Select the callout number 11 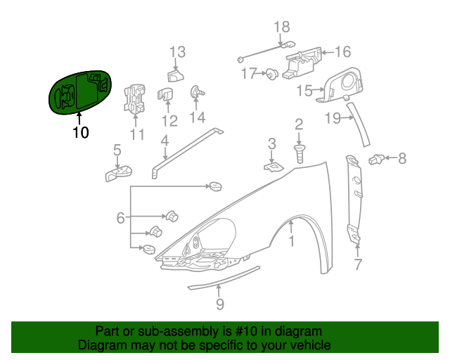pyautogui.click(x=136, y=134)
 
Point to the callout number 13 pyautogui.click(x=176, y=51)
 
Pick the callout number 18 pyautogui.click(x=281, y=27)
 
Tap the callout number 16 pyautogui.click(x=342, y=52)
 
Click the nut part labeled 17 pyautogui.click(x=269, y=73)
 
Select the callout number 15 pyautogui.click(x=304, y=90)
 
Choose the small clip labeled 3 pyautogui.click(x=273, y=166)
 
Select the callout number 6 pyautogui.click(x=120, y=219)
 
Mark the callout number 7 pyautogui.click(x=357, y=265)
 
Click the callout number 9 pyautogui.click(x=219, y=304)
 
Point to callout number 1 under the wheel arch pyautogui.click(x=290, y=242)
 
